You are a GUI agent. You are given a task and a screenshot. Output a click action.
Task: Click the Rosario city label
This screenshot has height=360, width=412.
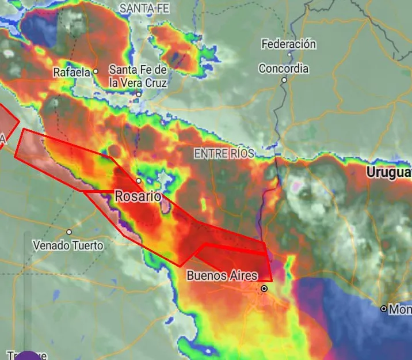coord(138,196)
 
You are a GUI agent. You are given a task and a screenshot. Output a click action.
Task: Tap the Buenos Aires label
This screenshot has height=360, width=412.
coord(222,276)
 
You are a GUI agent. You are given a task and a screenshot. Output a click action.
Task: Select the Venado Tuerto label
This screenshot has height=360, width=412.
coord(68,245)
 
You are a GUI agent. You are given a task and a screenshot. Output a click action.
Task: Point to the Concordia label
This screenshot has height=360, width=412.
coord(283,69)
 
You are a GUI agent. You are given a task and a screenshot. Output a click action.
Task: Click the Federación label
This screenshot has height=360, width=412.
coord(288,44)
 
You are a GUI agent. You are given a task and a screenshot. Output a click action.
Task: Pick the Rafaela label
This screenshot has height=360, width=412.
coord(71,73)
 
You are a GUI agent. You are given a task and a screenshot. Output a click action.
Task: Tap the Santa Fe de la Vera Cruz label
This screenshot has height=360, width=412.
coord(138,76)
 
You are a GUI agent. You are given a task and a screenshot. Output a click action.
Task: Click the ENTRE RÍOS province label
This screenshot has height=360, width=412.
coord(224,154)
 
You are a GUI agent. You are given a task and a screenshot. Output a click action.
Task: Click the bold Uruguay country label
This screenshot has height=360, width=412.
coord(389,172)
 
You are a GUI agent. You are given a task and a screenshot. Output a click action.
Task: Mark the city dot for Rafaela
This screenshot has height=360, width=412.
coord(96,71)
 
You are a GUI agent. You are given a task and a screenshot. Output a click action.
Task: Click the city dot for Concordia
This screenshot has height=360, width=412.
coord(284,80)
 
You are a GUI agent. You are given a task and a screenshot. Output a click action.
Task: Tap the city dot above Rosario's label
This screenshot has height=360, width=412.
coord(139,180)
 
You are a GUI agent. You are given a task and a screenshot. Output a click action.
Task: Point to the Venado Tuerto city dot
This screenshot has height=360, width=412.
coord(69,232)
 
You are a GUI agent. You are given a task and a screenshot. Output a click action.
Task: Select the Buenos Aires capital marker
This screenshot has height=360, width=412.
coord(264,289)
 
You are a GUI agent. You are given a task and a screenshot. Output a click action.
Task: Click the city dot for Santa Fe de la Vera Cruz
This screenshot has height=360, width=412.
coord(139,94)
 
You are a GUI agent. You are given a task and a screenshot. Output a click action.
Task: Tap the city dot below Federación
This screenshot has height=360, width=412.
coord(289,55)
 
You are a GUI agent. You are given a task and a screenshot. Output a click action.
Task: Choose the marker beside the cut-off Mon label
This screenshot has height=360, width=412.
coord(383,309)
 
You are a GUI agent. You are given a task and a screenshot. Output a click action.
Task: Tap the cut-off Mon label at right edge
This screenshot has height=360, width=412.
coord(400,310)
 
